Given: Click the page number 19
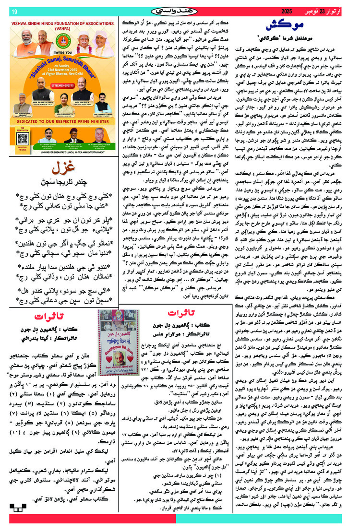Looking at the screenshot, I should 13,11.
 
